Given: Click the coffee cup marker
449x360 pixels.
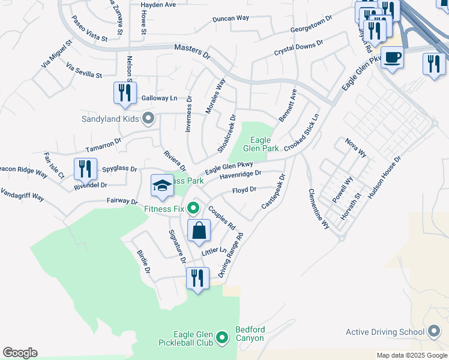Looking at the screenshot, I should click(392, 58).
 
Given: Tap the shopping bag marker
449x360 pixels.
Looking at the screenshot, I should click(199, 230).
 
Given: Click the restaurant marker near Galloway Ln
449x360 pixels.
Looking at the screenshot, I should click(125, 92).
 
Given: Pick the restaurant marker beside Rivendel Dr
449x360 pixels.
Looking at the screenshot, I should click(85, 169).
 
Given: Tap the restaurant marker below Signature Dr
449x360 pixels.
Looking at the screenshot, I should click(197, 278).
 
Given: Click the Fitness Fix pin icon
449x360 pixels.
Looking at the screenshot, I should click(193, 209).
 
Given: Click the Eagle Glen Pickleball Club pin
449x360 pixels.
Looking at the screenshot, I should click(222, 338).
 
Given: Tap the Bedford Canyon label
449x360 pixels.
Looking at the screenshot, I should click(250, 334).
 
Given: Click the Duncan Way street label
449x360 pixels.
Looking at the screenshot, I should click(231, 19).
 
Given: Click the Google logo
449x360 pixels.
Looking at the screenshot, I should click(20, 353).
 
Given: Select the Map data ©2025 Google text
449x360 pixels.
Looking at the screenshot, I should click(411, 355).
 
